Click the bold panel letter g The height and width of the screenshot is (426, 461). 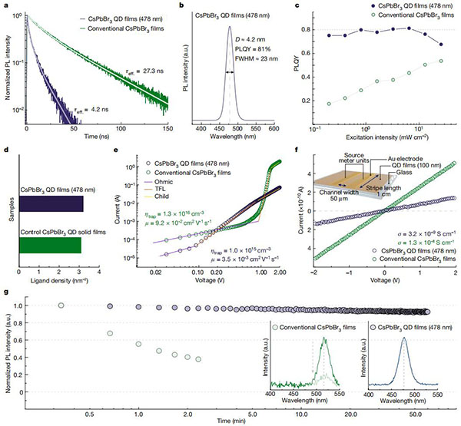tap(6, 292)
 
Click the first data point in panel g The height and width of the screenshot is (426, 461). tap(61, 305)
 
